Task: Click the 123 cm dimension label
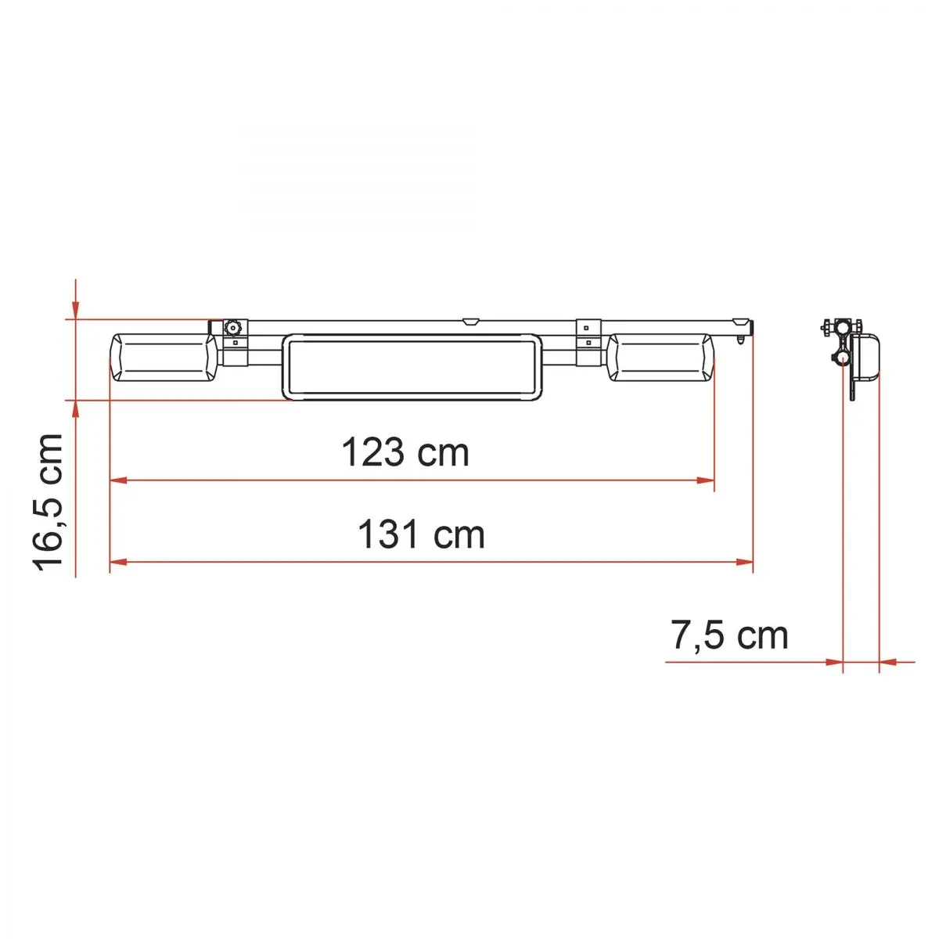tap(405, 452)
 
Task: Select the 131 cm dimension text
tap(421, 534)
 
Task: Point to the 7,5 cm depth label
tap(729, 635)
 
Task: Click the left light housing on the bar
tap(164, 358)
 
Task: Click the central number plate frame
tap(412, 367)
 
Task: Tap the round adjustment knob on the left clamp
tap(233, 327)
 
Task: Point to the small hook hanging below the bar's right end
tap(741, 340)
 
